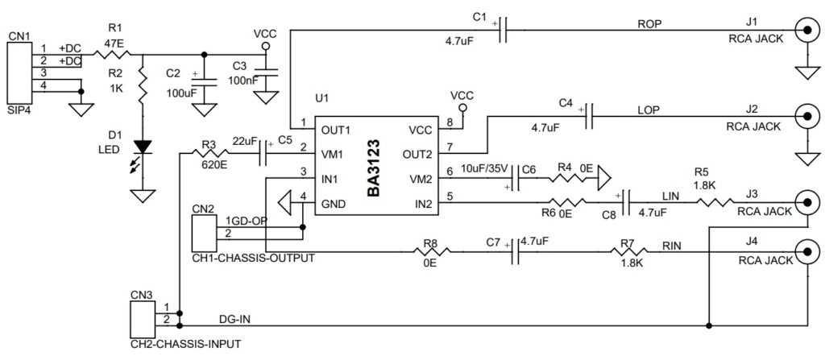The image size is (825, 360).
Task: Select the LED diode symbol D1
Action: [x=143, y=147]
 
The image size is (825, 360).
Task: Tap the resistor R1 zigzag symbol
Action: [x=107, y=56]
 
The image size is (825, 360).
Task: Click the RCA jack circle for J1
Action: [x=807, y=32]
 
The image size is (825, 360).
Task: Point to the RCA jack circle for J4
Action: [x=807, y=252]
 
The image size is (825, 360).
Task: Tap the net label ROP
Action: [x=649, y=23]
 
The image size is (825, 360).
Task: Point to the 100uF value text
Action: [x=181, y=93]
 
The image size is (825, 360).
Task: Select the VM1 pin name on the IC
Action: [x=334, y=153]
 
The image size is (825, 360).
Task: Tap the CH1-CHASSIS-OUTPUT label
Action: [x=253, y=259]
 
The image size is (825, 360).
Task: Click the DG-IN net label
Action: [x=234, y=320]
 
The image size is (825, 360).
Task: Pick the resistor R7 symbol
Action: [x=628, y=252]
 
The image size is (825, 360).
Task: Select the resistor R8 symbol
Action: [x=431, y=252]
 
